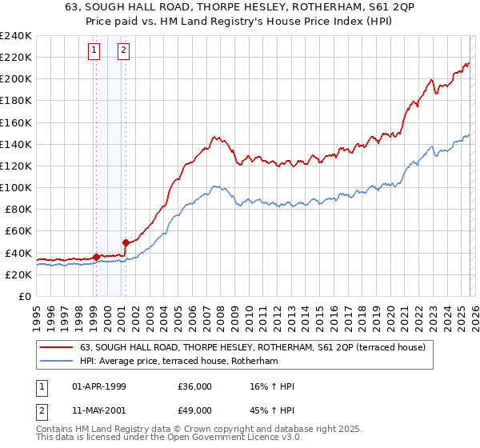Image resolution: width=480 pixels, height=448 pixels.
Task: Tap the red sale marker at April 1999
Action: (96, 257)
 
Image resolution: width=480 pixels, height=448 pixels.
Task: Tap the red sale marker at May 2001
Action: (126, 242)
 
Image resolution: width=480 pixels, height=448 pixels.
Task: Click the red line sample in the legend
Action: (58, 347)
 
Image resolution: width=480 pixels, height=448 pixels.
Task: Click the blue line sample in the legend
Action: (58, 362)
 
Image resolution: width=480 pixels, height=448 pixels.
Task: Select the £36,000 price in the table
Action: (195, 386)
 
